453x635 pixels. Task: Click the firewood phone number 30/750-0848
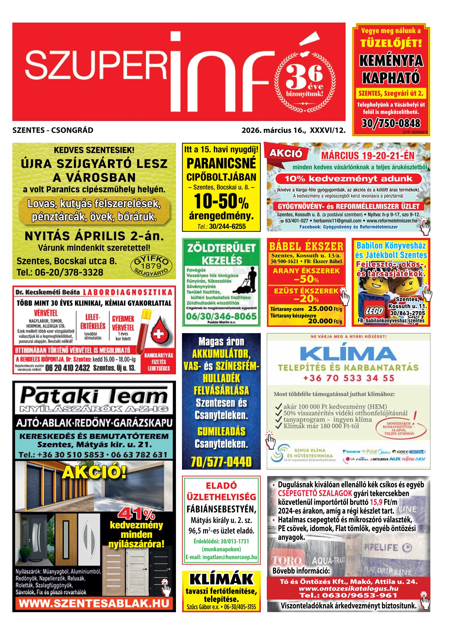coord(391,123)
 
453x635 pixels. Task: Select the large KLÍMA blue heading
coord(348,354)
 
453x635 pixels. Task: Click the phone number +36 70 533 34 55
coord(348,378)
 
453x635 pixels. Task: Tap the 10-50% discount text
coord(221,201)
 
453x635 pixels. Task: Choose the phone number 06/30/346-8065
coord(221,316)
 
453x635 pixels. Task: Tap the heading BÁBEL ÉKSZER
coord(306,246)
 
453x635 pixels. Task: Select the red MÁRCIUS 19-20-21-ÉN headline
coord(368,156)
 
